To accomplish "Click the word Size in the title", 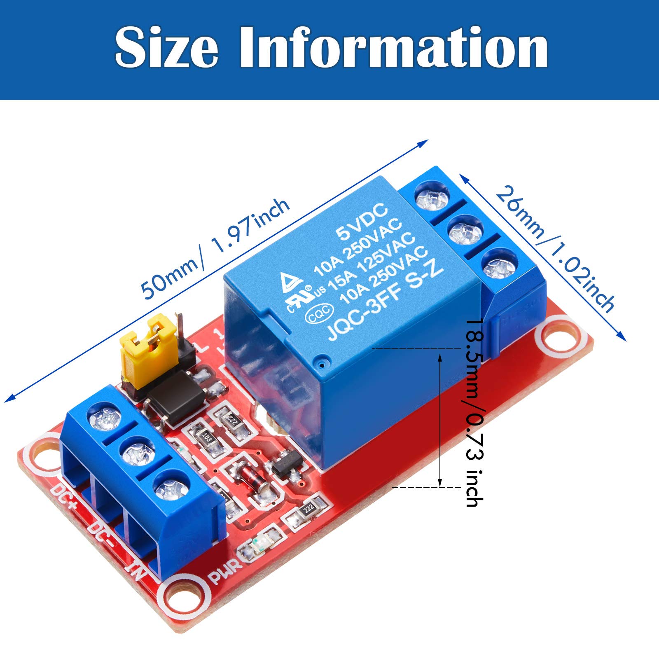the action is point(166,48).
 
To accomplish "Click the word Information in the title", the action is point(393,48).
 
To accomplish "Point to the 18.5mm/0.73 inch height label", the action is point(474,412).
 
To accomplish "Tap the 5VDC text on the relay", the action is point(362,222).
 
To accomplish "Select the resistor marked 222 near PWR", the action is point(308,508).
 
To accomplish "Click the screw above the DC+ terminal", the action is point(105,419).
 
